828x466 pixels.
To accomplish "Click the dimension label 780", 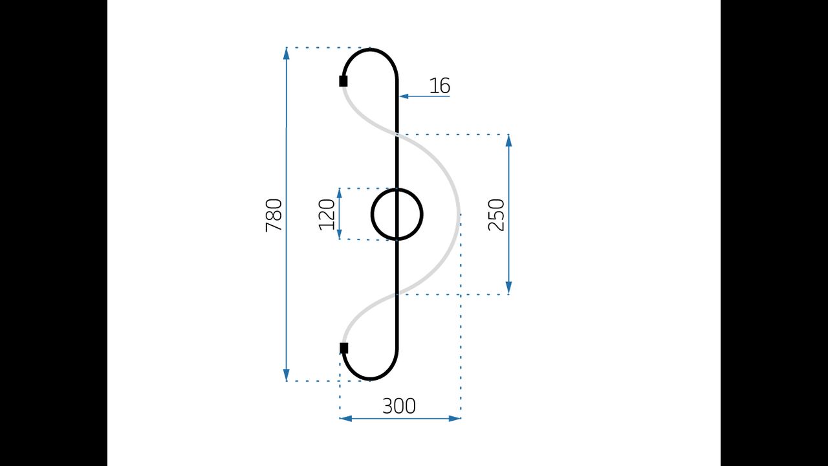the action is click(x=274, y=216).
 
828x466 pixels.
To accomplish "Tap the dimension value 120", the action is click(x=327, y=214).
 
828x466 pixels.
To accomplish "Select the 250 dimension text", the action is click(x=496, y=215).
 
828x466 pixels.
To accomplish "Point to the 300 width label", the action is click(x=399, y=406).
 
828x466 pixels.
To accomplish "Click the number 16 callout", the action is click(x=439, y=86).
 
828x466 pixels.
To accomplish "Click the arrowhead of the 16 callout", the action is click(x=404, y=96).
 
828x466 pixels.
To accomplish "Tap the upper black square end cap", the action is click(x=343, y=81).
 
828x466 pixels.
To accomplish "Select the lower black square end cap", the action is click(x=343, y=348).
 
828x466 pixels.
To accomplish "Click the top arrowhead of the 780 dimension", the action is click(x=286, y=54).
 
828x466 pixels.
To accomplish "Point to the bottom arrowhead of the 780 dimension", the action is click(x=286, y=375).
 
